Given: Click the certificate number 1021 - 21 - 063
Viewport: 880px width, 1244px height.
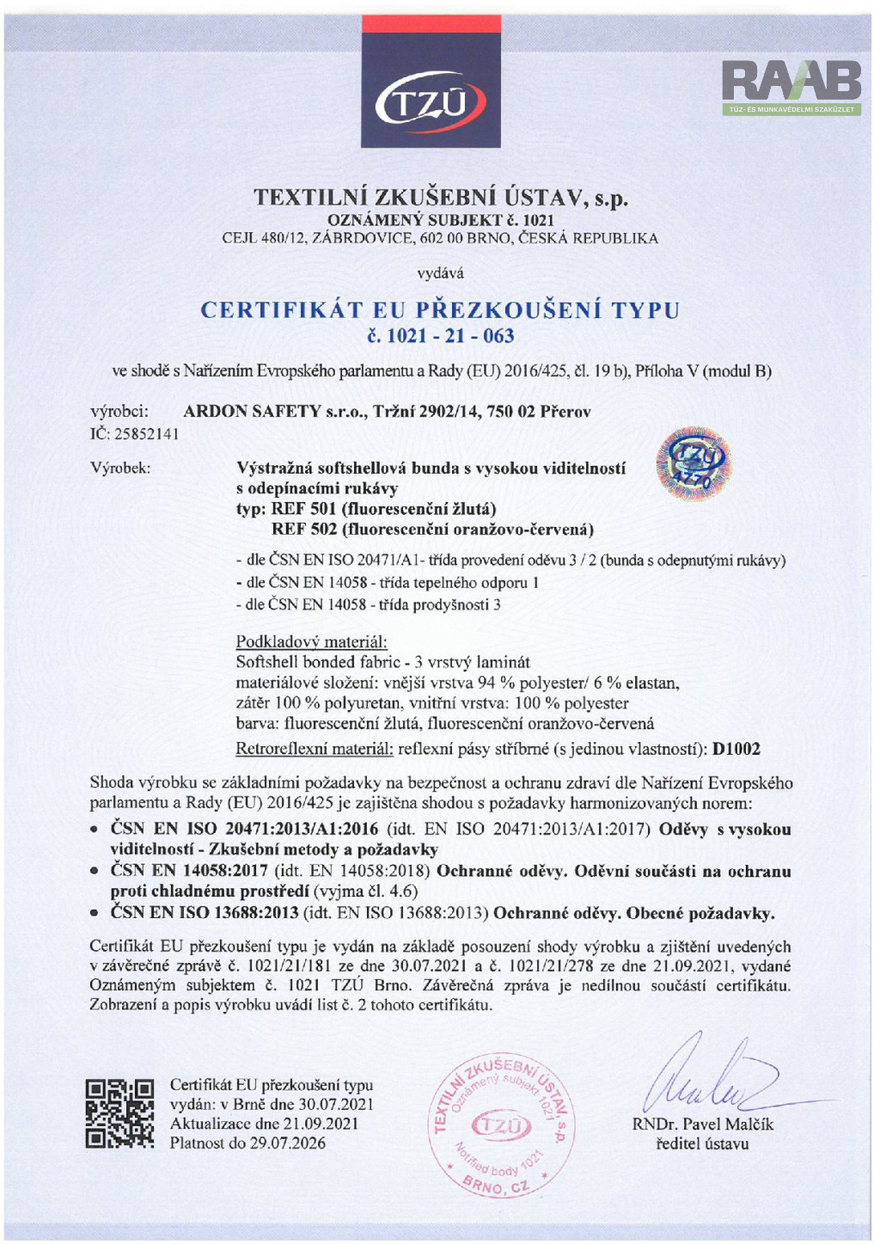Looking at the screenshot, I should coord(440,336).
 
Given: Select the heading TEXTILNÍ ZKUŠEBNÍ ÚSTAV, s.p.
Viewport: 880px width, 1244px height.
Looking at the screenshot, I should coord(440,198).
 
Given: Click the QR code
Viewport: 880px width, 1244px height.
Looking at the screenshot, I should coord(120,1114).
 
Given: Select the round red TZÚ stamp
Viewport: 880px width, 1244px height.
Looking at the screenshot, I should coord(501,1125).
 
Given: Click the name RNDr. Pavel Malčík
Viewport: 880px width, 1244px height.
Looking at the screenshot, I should coord(702,1125).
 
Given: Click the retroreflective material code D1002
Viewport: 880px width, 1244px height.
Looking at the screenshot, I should coord(736,749).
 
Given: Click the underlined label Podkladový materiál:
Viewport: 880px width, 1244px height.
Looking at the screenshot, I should coord(311,641).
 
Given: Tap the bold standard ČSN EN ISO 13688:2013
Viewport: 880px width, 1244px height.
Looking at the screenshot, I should coord(205,913).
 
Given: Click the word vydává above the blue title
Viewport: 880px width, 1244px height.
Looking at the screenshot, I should coord(440,273).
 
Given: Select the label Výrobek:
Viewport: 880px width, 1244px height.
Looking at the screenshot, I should coord(120,469).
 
